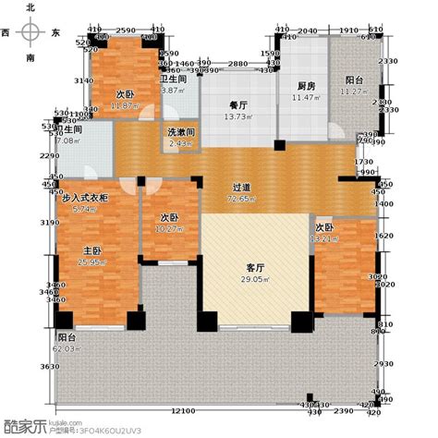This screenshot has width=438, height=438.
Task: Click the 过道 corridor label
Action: pos(242,188)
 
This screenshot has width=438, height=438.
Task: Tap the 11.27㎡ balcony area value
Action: pos(355,90)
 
